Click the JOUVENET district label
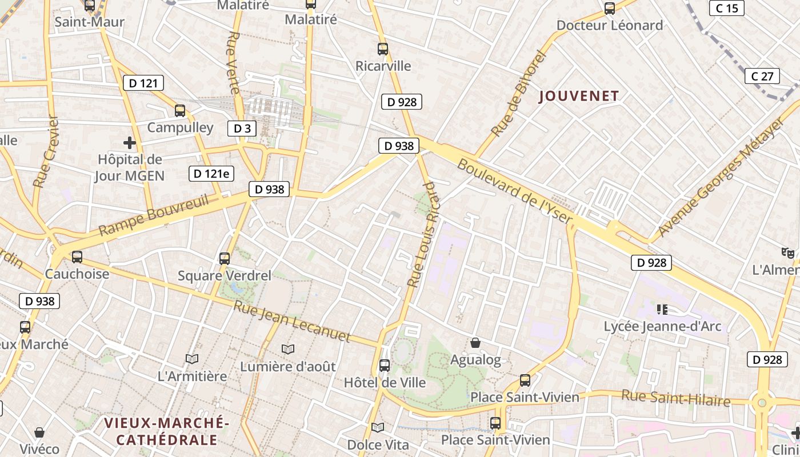click(x=579, y=96)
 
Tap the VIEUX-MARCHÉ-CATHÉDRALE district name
click(x=167, y=431)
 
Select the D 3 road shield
click(x=242, y=129)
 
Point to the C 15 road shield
click(x=727, y=8)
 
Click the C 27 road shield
click(x=762, y=76)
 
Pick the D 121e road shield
click(x=211, y=174)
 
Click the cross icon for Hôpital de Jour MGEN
click(x=130, y=143)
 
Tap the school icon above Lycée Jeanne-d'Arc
click(x=662, y=310)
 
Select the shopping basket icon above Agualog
click(x=475, y=343)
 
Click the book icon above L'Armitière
click(x=192, y=359)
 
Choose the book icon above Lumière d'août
click(x=288, y=348)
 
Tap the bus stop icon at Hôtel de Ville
click(x=385, y=365)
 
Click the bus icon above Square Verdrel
click(x=225, y=258)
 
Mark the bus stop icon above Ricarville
click(x=383, y=49)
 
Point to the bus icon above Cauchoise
click(x=77, y=256)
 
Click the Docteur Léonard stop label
click(x=609, y=25)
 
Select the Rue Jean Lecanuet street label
click(x=291, y=321)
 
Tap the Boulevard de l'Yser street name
click(x=515, y=191)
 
